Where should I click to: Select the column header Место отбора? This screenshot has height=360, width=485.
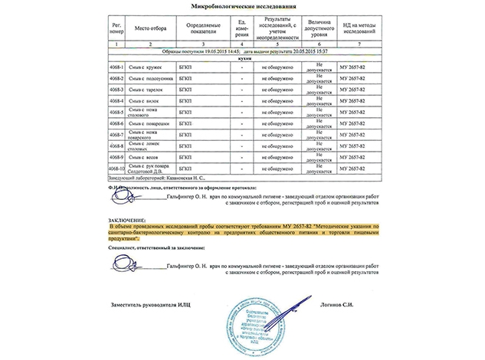coord(151,27)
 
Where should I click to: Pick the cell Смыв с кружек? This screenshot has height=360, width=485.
coord(148,67)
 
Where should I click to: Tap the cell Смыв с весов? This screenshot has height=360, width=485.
coord(146,155)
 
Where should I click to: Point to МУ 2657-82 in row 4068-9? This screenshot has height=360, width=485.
coord(355,155)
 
